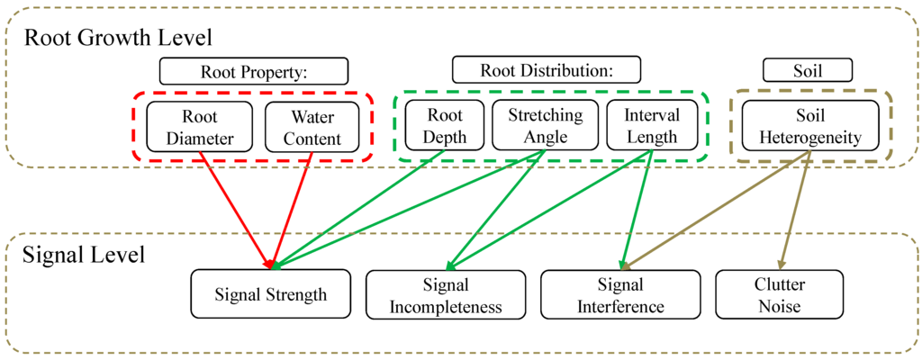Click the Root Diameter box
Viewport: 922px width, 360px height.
pos(200,127)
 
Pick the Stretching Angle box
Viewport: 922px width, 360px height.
pos(545,125)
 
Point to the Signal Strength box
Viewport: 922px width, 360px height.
pos(271,294)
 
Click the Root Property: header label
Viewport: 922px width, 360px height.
pos(253,71)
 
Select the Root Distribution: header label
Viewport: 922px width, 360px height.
pos(546,70)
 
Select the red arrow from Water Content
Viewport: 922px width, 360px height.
pos(292,207)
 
